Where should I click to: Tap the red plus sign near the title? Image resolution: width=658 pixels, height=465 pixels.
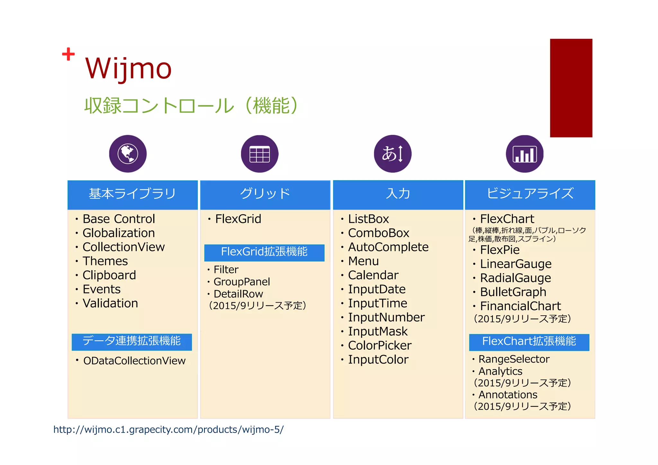click(68, 54)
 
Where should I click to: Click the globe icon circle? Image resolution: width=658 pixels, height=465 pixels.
click(128, 154)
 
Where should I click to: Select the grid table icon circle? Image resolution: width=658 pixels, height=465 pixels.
click(260, 154)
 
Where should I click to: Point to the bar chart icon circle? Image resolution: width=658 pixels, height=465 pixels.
click(524, 154)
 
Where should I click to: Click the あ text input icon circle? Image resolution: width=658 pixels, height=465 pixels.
click(392, 154)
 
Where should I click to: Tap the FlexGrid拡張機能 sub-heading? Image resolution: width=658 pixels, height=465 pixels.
click(264, 252)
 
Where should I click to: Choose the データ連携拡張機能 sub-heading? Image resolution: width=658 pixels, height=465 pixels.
click(132, 341)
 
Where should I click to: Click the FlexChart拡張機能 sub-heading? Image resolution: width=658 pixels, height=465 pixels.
click(529, 342)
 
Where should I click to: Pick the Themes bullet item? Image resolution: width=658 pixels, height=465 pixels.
click(105, 261)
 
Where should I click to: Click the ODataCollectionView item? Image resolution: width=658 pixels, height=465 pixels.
click(134, 361)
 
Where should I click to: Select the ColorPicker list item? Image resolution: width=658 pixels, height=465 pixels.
click(379, 346)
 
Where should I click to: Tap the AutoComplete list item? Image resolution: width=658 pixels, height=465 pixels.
click(388, 247)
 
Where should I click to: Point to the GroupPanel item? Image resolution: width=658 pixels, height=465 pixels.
click(242, 282)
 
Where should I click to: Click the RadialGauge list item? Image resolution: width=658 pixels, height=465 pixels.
click(515, 278)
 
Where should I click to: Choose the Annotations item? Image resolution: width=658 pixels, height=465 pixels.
click(508, 394)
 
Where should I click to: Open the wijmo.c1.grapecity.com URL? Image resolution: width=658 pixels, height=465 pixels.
click(168, 430)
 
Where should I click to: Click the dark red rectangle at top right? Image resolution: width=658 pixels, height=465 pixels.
click(571, 88)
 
